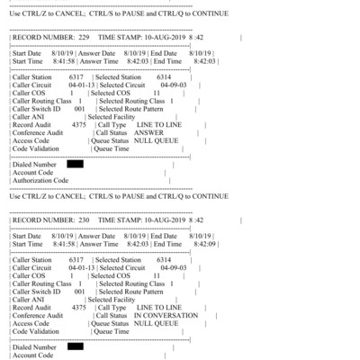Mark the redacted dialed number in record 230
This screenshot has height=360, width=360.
point(75,346)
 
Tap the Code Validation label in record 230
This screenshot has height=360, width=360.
point(37,332)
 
